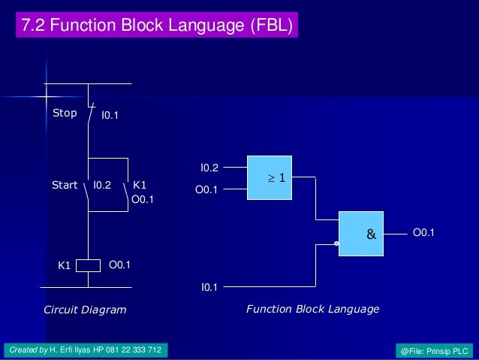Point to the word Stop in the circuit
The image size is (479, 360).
tap(65, 113)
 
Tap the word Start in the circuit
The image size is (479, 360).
tap(65, 185)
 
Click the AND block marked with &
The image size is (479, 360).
tap(371, 234)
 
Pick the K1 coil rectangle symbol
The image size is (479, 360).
tap(89, 265)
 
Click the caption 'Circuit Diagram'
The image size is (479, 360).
tap(85, 310)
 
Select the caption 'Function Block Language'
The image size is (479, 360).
tap(312, 309)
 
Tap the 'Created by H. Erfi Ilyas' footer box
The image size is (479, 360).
tap(86, 350)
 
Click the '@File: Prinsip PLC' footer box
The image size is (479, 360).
tap(435, 351)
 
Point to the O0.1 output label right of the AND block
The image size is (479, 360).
tap(423, 233)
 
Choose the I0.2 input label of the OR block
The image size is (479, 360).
tap(209, 167)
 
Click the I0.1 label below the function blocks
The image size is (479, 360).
tap(209, 286)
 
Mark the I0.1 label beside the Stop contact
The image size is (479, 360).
tap(110, 116)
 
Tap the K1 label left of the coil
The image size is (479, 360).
tap(65, 265)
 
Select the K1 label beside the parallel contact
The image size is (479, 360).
tap(140, 185)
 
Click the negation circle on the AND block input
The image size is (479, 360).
tap(336, 244)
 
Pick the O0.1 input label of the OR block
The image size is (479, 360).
tap(206, 190)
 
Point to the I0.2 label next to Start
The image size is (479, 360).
tap(102, 185)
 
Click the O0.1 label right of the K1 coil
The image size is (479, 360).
tap(120, 265)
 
